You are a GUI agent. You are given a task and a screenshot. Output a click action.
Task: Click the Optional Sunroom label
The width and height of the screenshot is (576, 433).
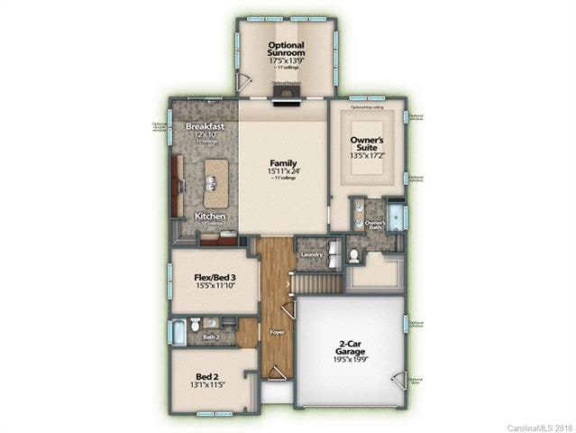tap(286, 50)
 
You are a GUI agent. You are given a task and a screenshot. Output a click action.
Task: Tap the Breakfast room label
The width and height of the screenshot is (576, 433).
tap(205, 127)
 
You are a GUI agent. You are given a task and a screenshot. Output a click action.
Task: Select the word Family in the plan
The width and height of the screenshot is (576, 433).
tap(283, 162)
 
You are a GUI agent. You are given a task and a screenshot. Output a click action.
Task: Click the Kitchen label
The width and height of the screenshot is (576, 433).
tap(210, 216)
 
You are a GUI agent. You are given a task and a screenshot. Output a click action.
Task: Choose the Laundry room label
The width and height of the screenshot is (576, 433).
tap(311, 254)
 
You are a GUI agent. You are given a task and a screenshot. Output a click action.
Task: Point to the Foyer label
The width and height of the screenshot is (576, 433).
tap(276, 331)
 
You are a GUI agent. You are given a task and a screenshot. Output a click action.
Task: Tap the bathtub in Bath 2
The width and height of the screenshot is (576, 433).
tap(177, 332)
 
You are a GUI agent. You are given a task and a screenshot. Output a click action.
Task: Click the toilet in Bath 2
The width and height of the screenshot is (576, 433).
tap(195, 324)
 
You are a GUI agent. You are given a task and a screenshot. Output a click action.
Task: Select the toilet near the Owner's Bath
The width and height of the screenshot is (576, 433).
tap(354, 257)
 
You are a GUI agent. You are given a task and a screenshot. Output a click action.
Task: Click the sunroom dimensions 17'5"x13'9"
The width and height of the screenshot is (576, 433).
tap(286, 60)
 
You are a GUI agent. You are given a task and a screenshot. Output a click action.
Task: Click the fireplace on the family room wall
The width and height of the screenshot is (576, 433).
tap(286, 91)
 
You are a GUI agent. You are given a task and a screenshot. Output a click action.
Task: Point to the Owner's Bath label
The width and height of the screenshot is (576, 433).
tap(375, 225)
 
